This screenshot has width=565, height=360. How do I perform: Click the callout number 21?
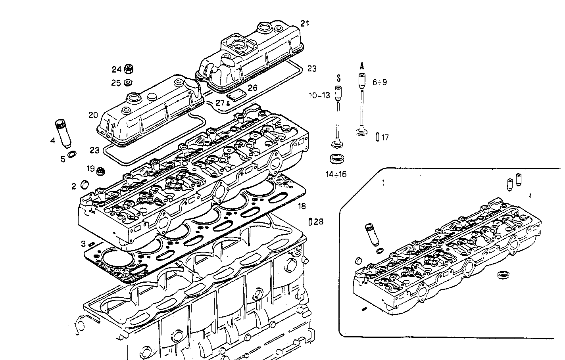(x=304, y=24)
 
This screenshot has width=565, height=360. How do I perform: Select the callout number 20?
(x=93, y=115)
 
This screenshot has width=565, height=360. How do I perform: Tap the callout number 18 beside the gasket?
(x=302, y=206)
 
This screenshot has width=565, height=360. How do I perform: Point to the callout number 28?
(x=319, y=222)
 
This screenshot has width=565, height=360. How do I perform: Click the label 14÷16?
(x=335, y=174)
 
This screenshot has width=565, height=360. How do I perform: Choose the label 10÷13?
(x=319, y=96)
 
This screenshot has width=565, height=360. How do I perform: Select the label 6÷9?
(x=379, y=82)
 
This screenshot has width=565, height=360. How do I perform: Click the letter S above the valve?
(x=338, y=78)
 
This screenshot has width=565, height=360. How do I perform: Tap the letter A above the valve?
(x=361, y=65)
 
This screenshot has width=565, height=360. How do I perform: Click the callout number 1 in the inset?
(x=383, y=183)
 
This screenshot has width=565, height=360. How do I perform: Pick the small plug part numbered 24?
(x=128, y=69)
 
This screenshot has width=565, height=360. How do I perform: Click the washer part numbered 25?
(x=128, y=82)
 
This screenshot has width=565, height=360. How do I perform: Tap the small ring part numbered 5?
(x=72, y=154)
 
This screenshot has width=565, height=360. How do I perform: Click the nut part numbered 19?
(x=101, y=171)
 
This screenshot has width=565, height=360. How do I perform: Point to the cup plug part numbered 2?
(x=84, y=184)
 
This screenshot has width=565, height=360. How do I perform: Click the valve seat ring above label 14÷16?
(x=337, y=159)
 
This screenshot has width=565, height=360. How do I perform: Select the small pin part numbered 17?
(x=377, y=137)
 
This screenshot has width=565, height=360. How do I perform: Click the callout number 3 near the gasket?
(x=83, y=243)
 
